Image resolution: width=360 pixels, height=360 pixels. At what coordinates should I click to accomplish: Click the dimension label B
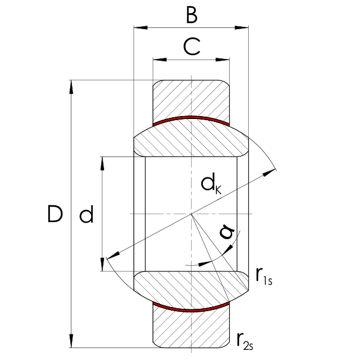coord(192,15)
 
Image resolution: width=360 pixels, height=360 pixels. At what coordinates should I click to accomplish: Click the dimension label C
coord(192,46)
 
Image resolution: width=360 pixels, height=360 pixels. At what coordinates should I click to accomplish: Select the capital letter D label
coord(55,214)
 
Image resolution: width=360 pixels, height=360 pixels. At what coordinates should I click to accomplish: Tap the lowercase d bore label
coord(86,214)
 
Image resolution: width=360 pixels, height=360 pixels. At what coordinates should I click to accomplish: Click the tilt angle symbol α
coord(227,231)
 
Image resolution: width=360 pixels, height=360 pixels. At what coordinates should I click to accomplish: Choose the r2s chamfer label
coord(245,341)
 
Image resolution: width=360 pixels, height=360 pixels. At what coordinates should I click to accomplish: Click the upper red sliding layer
coord(191,118)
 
